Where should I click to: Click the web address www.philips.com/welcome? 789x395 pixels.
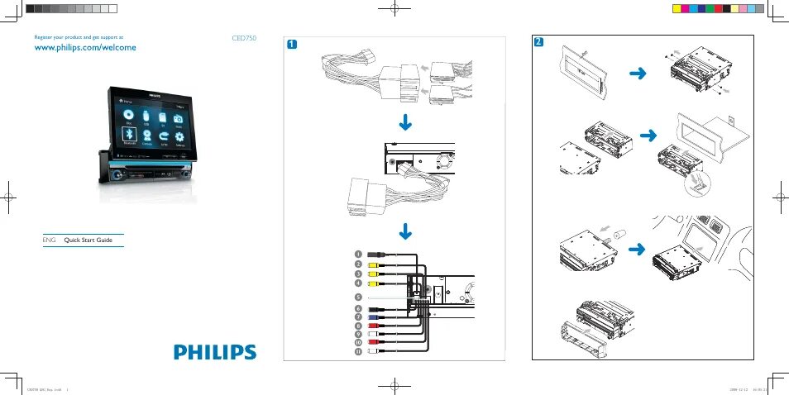[x=84, y=48]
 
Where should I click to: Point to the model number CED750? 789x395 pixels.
[x=245, y=38]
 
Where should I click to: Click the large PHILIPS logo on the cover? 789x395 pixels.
[x=215, y=351]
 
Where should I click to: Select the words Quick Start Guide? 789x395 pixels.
[x=88, y=240]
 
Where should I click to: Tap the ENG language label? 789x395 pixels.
[x=48, y=240]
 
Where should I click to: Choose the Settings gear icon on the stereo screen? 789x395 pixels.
[x=179, y=136]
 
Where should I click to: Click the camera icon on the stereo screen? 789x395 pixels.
[x=177, y=120]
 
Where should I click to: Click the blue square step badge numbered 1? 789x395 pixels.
[x=291, y=44]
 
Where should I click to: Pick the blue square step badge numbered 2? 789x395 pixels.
[x=539, y=41]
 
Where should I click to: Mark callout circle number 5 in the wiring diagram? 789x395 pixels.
[x=358, y=296]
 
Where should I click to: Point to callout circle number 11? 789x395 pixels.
[x=358, y=351]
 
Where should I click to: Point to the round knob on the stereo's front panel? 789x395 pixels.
[x=117, y=175]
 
